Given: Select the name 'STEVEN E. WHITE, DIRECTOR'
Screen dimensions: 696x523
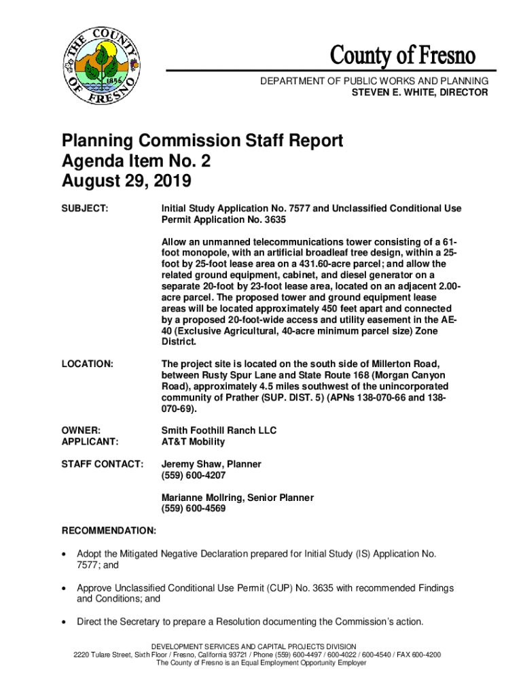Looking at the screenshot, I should (419, 92).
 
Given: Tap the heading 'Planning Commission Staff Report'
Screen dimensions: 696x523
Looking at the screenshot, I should (202, 141).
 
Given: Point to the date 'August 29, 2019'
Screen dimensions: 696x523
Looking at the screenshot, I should (127, 181).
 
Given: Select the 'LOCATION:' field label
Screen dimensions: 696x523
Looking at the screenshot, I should (88, 364).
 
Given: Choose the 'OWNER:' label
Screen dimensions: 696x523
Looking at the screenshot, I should (82, 430).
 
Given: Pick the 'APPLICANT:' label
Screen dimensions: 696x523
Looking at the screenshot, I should (90, 442).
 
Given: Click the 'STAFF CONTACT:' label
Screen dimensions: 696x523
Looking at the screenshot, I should (103, 464).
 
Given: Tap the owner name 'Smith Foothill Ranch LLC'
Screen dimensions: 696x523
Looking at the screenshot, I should (219, 430).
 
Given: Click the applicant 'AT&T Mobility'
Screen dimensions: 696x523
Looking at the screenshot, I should (193, 442).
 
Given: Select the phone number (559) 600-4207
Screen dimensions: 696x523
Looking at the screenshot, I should (194, 475).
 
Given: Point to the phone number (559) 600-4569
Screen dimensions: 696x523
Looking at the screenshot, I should (194, 508).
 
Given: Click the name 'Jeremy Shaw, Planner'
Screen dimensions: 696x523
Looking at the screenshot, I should (211, 464).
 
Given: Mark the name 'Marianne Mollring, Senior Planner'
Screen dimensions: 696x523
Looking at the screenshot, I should (237, 498).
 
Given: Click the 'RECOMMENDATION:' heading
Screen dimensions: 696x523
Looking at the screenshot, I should (109, 530).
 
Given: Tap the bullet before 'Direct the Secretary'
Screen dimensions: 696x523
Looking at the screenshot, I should (65, 622).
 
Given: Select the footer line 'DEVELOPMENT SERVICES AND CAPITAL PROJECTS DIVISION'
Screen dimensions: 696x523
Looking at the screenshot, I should (261, 646).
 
